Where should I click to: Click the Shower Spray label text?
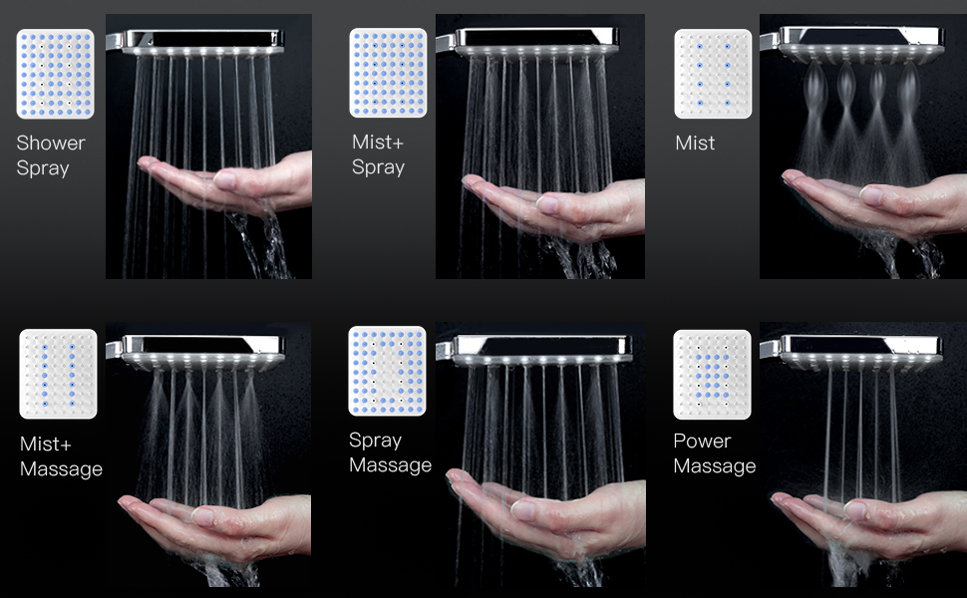pos(51,155)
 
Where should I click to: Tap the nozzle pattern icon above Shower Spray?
pos(56,74)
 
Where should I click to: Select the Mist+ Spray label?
pos(378,154)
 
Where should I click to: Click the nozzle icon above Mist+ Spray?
pos(388,73)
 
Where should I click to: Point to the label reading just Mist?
pos(695,144)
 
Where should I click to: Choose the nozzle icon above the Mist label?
pos(713,74)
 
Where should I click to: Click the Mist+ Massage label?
pos(61,456)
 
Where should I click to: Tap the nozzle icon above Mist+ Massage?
pos(58,374)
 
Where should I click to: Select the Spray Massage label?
pos(391,452)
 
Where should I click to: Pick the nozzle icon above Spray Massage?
pos(387,371)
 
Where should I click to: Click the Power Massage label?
pos(714,453)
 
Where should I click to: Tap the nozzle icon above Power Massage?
pos(713,375)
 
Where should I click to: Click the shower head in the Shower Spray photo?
pos(196,43)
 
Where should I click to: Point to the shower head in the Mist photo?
pos(854,45)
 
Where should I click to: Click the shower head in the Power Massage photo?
pos(854,353)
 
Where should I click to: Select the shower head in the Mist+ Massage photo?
pos(197,353)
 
